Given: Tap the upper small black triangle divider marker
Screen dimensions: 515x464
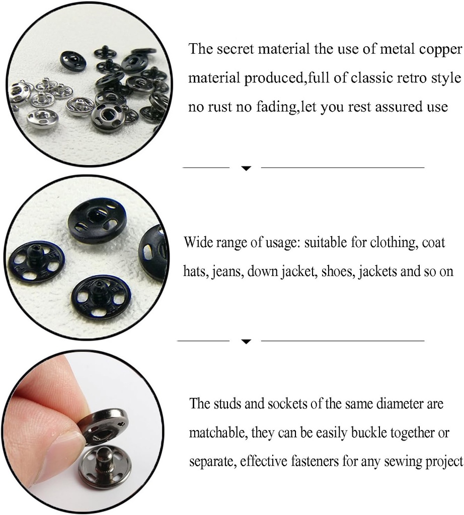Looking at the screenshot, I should [246, 168].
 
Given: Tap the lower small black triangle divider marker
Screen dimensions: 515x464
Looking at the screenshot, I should [246, 342].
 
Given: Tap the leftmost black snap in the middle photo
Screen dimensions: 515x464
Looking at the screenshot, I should [36, 261].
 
